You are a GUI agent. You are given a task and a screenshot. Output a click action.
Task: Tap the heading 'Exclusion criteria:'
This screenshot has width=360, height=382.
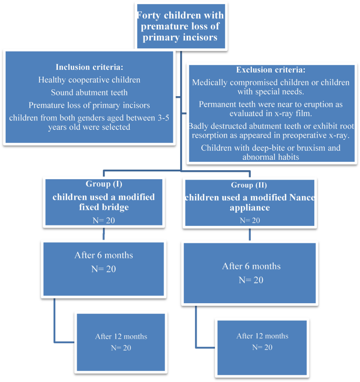(x=270, y=69)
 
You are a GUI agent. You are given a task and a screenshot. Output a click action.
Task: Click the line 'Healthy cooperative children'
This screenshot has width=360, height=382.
(x=89, y=80)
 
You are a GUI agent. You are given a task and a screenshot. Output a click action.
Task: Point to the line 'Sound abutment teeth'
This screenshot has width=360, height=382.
(x=89, y=92)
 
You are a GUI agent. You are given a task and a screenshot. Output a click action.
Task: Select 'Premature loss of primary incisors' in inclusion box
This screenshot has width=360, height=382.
(x=89, y=105)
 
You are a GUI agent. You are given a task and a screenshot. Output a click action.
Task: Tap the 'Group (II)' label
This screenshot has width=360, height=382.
(x=249, y=185)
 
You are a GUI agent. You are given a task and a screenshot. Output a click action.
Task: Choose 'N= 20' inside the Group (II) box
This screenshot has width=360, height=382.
(x=250, y=221)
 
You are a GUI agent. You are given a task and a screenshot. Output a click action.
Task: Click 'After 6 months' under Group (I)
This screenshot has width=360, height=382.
(x=104, y=255)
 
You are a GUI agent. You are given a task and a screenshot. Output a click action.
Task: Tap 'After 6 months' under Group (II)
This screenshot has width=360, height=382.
(x=251, y=266)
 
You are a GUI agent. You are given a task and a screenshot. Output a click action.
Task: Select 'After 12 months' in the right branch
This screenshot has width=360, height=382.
(x=262, y=336)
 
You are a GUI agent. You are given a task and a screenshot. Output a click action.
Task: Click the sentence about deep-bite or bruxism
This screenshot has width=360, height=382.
(x=270, y=148)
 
